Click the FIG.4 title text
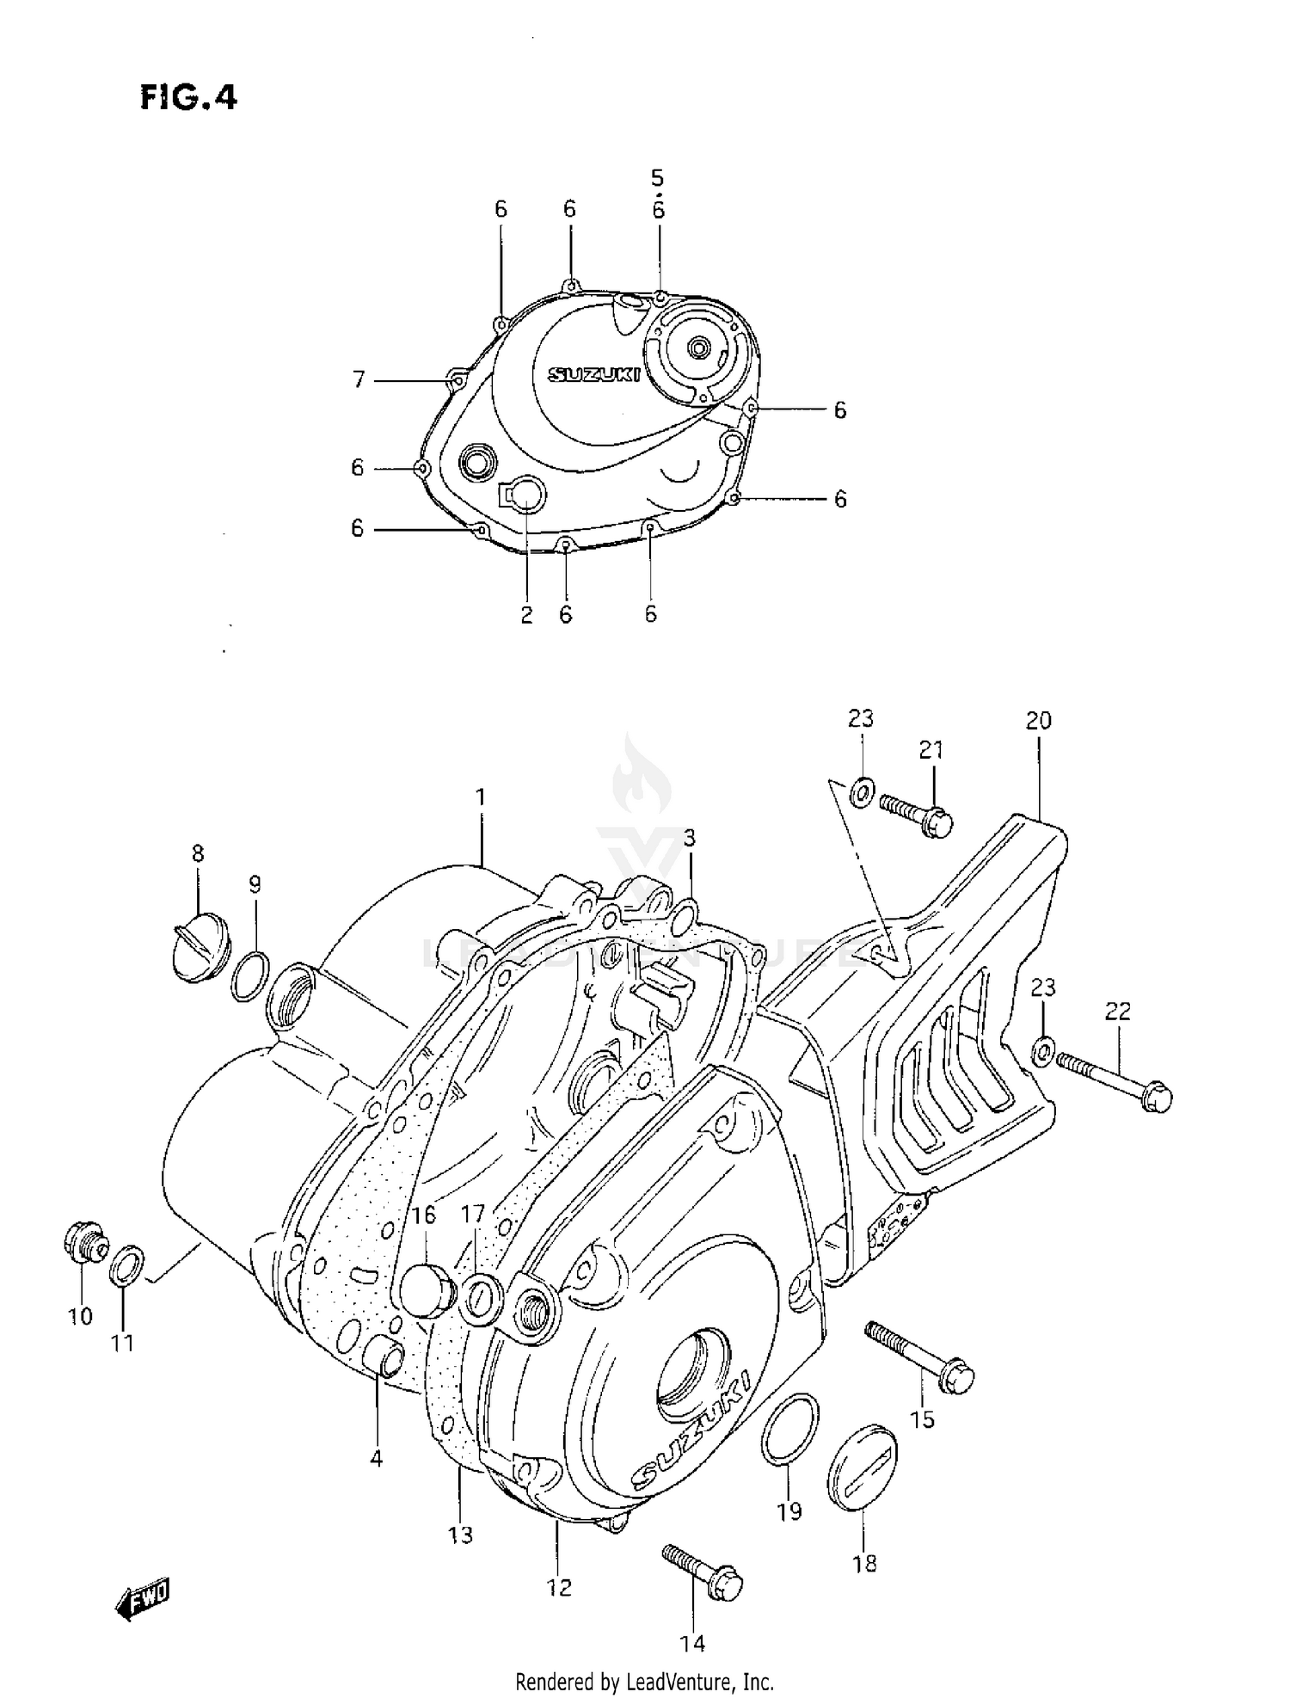click(188, 97)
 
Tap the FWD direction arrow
click(144, 1600)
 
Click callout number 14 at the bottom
click(692, 1644)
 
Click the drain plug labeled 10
click(84, 1243)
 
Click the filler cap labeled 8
click(201, 947)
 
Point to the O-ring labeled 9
click(249, 976)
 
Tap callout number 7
click(359, 378)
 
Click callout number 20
click(1039, 720)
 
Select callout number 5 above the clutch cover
click(657, 178)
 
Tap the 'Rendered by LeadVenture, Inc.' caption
click(644, 1681)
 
